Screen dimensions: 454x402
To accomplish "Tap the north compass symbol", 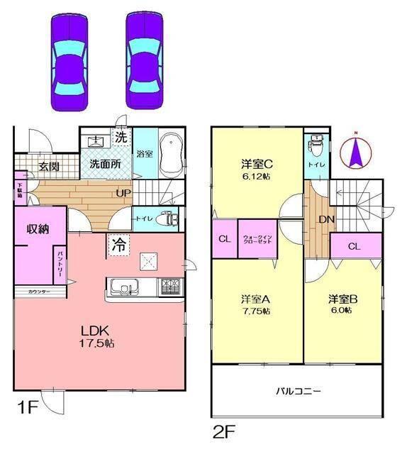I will (x=358, y=152).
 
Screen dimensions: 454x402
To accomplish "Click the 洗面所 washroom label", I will (x=105, y=163).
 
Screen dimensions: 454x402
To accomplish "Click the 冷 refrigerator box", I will (x=118, y=245).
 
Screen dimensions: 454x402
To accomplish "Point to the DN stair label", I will (x=325, y=219).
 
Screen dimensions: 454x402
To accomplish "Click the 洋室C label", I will (x=257, y=166).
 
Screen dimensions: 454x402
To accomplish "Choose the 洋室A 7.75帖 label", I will (x=255, y=304).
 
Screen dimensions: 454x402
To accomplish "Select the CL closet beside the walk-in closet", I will (x=224, y=238).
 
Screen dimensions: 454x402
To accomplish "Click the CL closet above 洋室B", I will (x=354, y=246).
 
